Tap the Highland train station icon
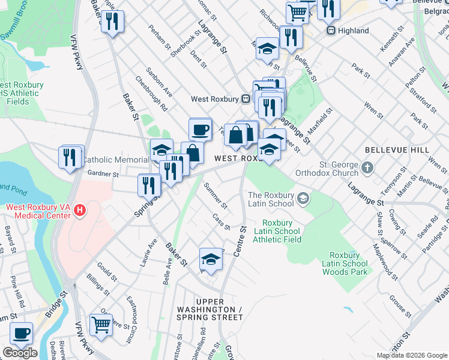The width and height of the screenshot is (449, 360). tap(330, 31)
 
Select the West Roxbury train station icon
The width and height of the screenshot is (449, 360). tap(246, 99)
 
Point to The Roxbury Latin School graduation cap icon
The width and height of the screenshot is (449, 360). tap(304, 197)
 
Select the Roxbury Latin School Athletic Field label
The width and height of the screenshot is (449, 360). tap(277, 230)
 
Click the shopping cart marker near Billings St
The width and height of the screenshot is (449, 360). tap(101, 325)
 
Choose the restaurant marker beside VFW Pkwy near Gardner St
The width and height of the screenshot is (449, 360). tap(71, 157)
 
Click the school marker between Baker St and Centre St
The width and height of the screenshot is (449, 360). tap(211, 259)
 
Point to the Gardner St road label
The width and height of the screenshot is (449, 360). tap(104, 174)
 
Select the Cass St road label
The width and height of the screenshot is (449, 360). tap(221, 223)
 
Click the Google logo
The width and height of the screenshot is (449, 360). tap(20, 353)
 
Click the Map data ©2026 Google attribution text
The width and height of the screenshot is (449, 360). tap(412, 355)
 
